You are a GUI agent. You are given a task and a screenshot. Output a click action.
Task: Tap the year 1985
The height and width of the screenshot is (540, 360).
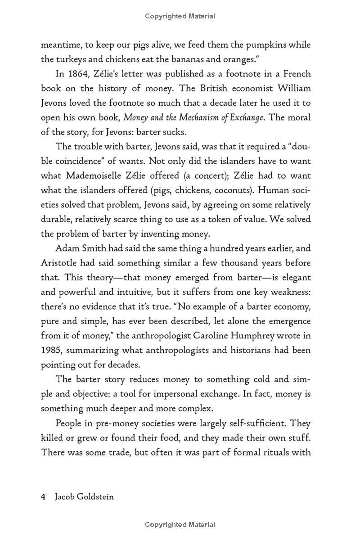click(x=50, y=350)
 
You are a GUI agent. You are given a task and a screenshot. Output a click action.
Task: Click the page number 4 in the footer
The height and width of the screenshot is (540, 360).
click(x=43, y=497)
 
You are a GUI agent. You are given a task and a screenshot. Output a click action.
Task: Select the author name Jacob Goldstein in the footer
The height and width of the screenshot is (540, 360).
click(x=84, y=497)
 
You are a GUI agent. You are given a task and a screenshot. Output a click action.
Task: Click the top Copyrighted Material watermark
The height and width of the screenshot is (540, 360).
click(x=180, y=16)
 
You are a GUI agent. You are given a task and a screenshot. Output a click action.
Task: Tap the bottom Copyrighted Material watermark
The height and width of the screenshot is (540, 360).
click(x=180, y=525)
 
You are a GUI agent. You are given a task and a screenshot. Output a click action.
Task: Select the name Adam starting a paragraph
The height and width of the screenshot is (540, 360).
click(x=67, y=248)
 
